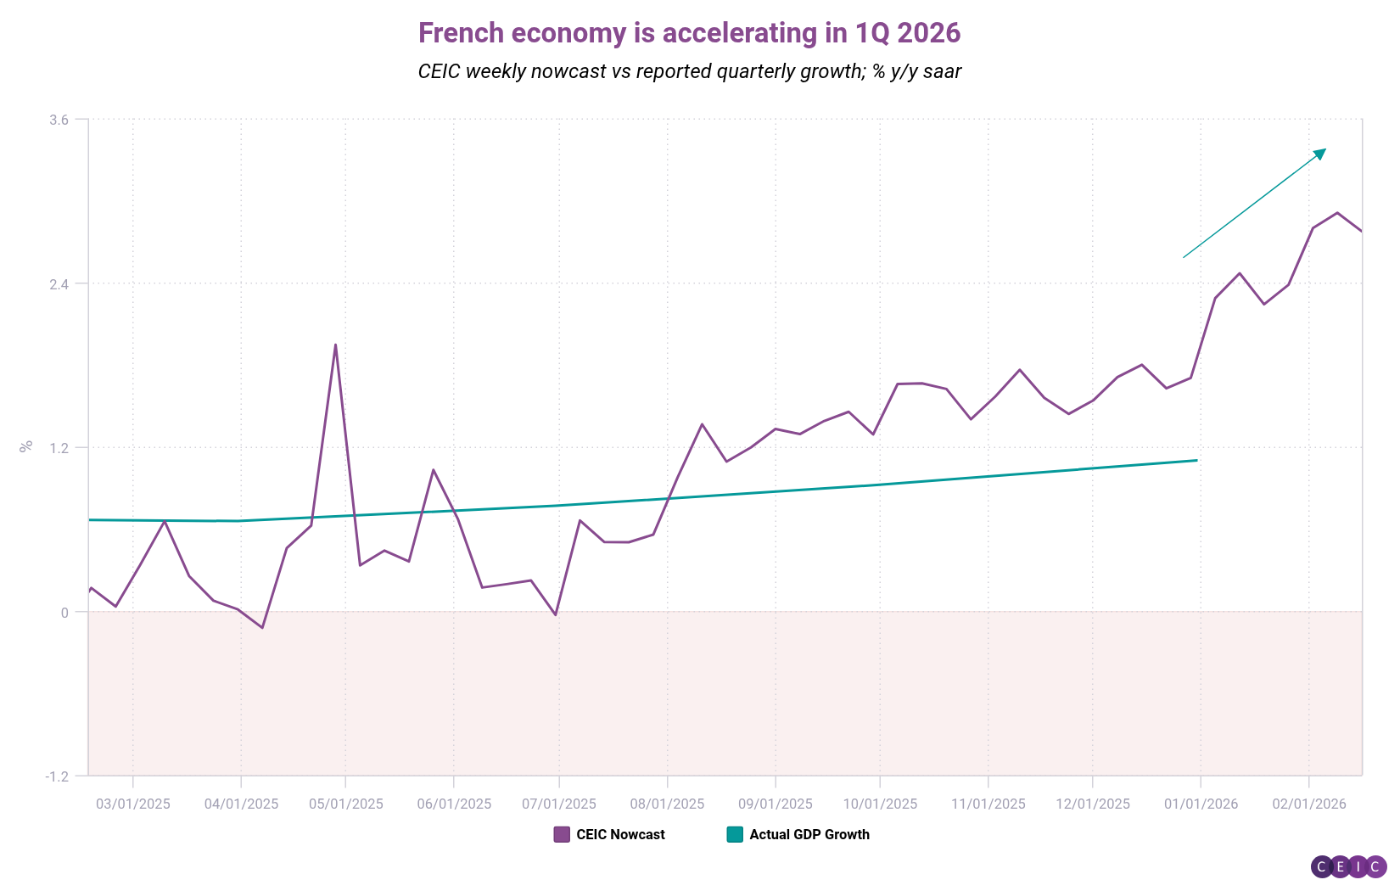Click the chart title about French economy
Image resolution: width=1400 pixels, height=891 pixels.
coord(689,33)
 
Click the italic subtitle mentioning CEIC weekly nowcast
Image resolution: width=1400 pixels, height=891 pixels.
coord(689,71)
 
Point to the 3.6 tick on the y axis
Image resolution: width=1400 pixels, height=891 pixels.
coord(59,120)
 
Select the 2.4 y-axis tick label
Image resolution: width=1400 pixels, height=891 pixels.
coord(59,283)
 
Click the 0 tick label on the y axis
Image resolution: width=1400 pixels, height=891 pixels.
coord(64,613)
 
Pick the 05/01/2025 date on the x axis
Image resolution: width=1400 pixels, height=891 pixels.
coord(346,804)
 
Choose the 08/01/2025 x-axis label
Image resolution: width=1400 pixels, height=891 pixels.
coord(667,804)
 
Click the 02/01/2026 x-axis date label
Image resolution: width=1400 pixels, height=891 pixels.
coord(1308,804)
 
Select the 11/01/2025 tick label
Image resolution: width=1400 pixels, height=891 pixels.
coord(988,804)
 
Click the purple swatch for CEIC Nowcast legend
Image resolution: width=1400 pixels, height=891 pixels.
coord(562,834)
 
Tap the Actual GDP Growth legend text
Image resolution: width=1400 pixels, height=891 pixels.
coord(809,834)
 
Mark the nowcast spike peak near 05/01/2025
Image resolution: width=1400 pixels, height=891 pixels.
coord(335,345)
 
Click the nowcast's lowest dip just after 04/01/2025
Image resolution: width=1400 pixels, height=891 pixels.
coord(262,628)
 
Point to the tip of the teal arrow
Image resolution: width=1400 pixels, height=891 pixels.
coord(1324,149)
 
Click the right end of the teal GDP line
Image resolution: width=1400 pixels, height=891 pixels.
coord(1196,461)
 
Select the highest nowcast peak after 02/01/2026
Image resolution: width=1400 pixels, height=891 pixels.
coord(1337,212)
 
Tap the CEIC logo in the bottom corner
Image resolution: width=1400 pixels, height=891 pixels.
coord(1348,866)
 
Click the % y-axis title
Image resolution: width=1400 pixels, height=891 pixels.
coord(26,445)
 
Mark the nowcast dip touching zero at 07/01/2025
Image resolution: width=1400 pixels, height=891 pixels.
coord(556,614)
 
